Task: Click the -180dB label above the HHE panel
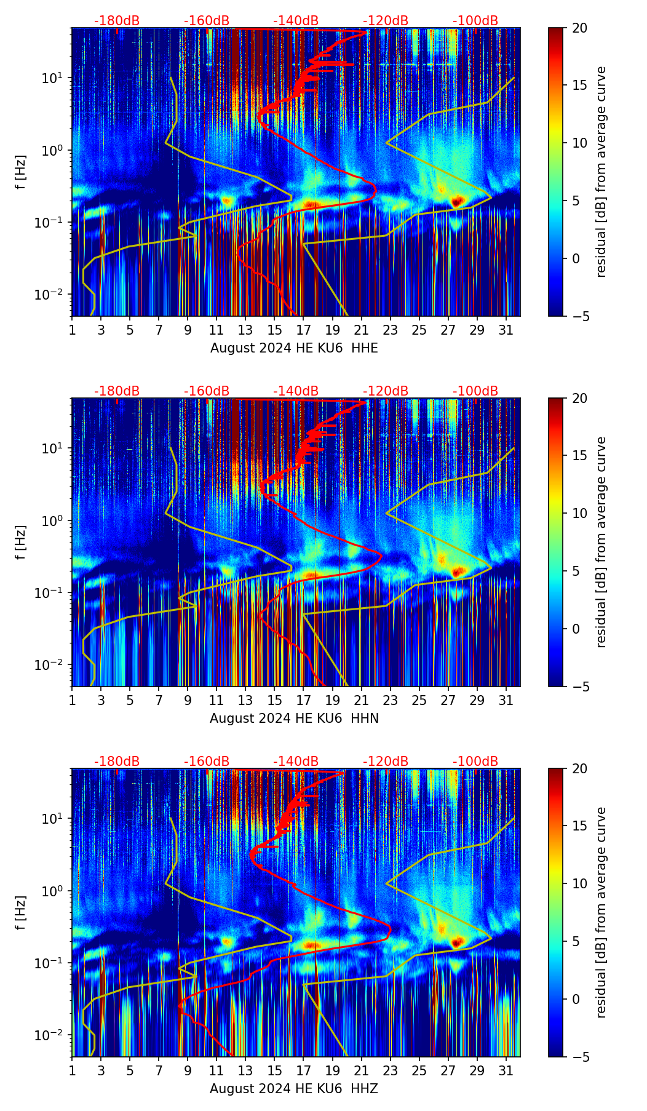click(x=117, y=21)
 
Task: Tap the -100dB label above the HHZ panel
click(x=475, y=762)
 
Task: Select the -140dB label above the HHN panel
click(x=296, y=391)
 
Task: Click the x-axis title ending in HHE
click(x=294, y=348)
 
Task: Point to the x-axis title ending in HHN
click(x=294, y=719)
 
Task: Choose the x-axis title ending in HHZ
click(x=294, y=1089)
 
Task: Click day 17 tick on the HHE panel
click(x=304, y=330)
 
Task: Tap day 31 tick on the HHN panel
click(x=506, y=700)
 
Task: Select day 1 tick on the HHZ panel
click(x=72, y=1070)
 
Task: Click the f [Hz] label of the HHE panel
click(x=21, y=172)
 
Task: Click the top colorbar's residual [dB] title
click(x=601, y=172)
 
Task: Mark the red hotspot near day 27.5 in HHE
click(x=456, y=201)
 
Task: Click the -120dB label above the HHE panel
click(x=386, y=21)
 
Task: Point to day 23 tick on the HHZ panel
click(x=391, y=1070)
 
